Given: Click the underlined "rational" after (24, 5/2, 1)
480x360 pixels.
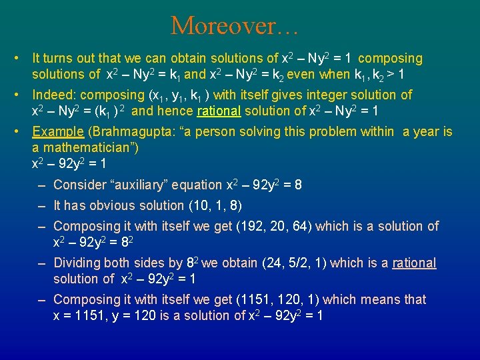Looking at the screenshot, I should [x=414, y=263].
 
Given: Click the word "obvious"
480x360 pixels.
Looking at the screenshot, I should [x=110, y=205].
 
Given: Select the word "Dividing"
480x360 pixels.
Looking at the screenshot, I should [x=79, y=263].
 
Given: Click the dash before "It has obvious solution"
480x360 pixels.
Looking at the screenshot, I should [x=41, y=205].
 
